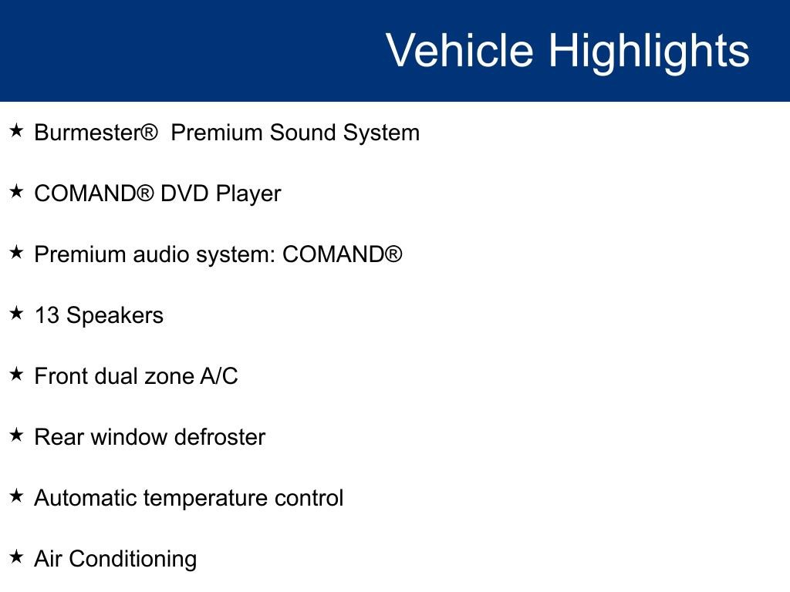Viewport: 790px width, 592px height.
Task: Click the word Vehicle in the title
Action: coord(460,50)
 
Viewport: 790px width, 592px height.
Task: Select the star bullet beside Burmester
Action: coord(16,131)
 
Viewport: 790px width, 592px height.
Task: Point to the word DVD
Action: coord(184,193)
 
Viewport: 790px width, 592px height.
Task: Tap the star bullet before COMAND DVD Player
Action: coord(16,192)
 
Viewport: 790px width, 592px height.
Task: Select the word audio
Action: coord(161,254)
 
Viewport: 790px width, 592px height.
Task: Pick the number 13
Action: coord(47,315)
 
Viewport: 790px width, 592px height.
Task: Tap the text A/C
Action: coord(219,376)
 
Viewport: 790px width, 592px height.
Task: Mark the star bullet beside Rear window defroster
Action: coord(16,435)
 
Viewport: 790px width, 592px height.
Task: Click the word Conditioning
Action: coord(133,560)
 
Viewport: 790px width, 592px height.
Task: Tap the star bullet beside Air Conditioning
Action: coord(16,557)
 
